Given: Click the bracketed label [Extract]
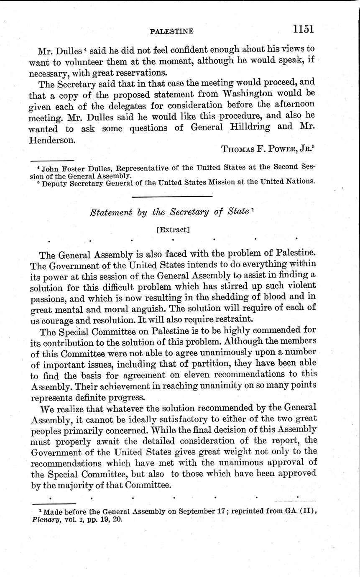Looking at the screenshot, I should pos(172,230).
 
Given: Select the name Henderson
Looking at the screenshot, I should pos(52,140).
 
